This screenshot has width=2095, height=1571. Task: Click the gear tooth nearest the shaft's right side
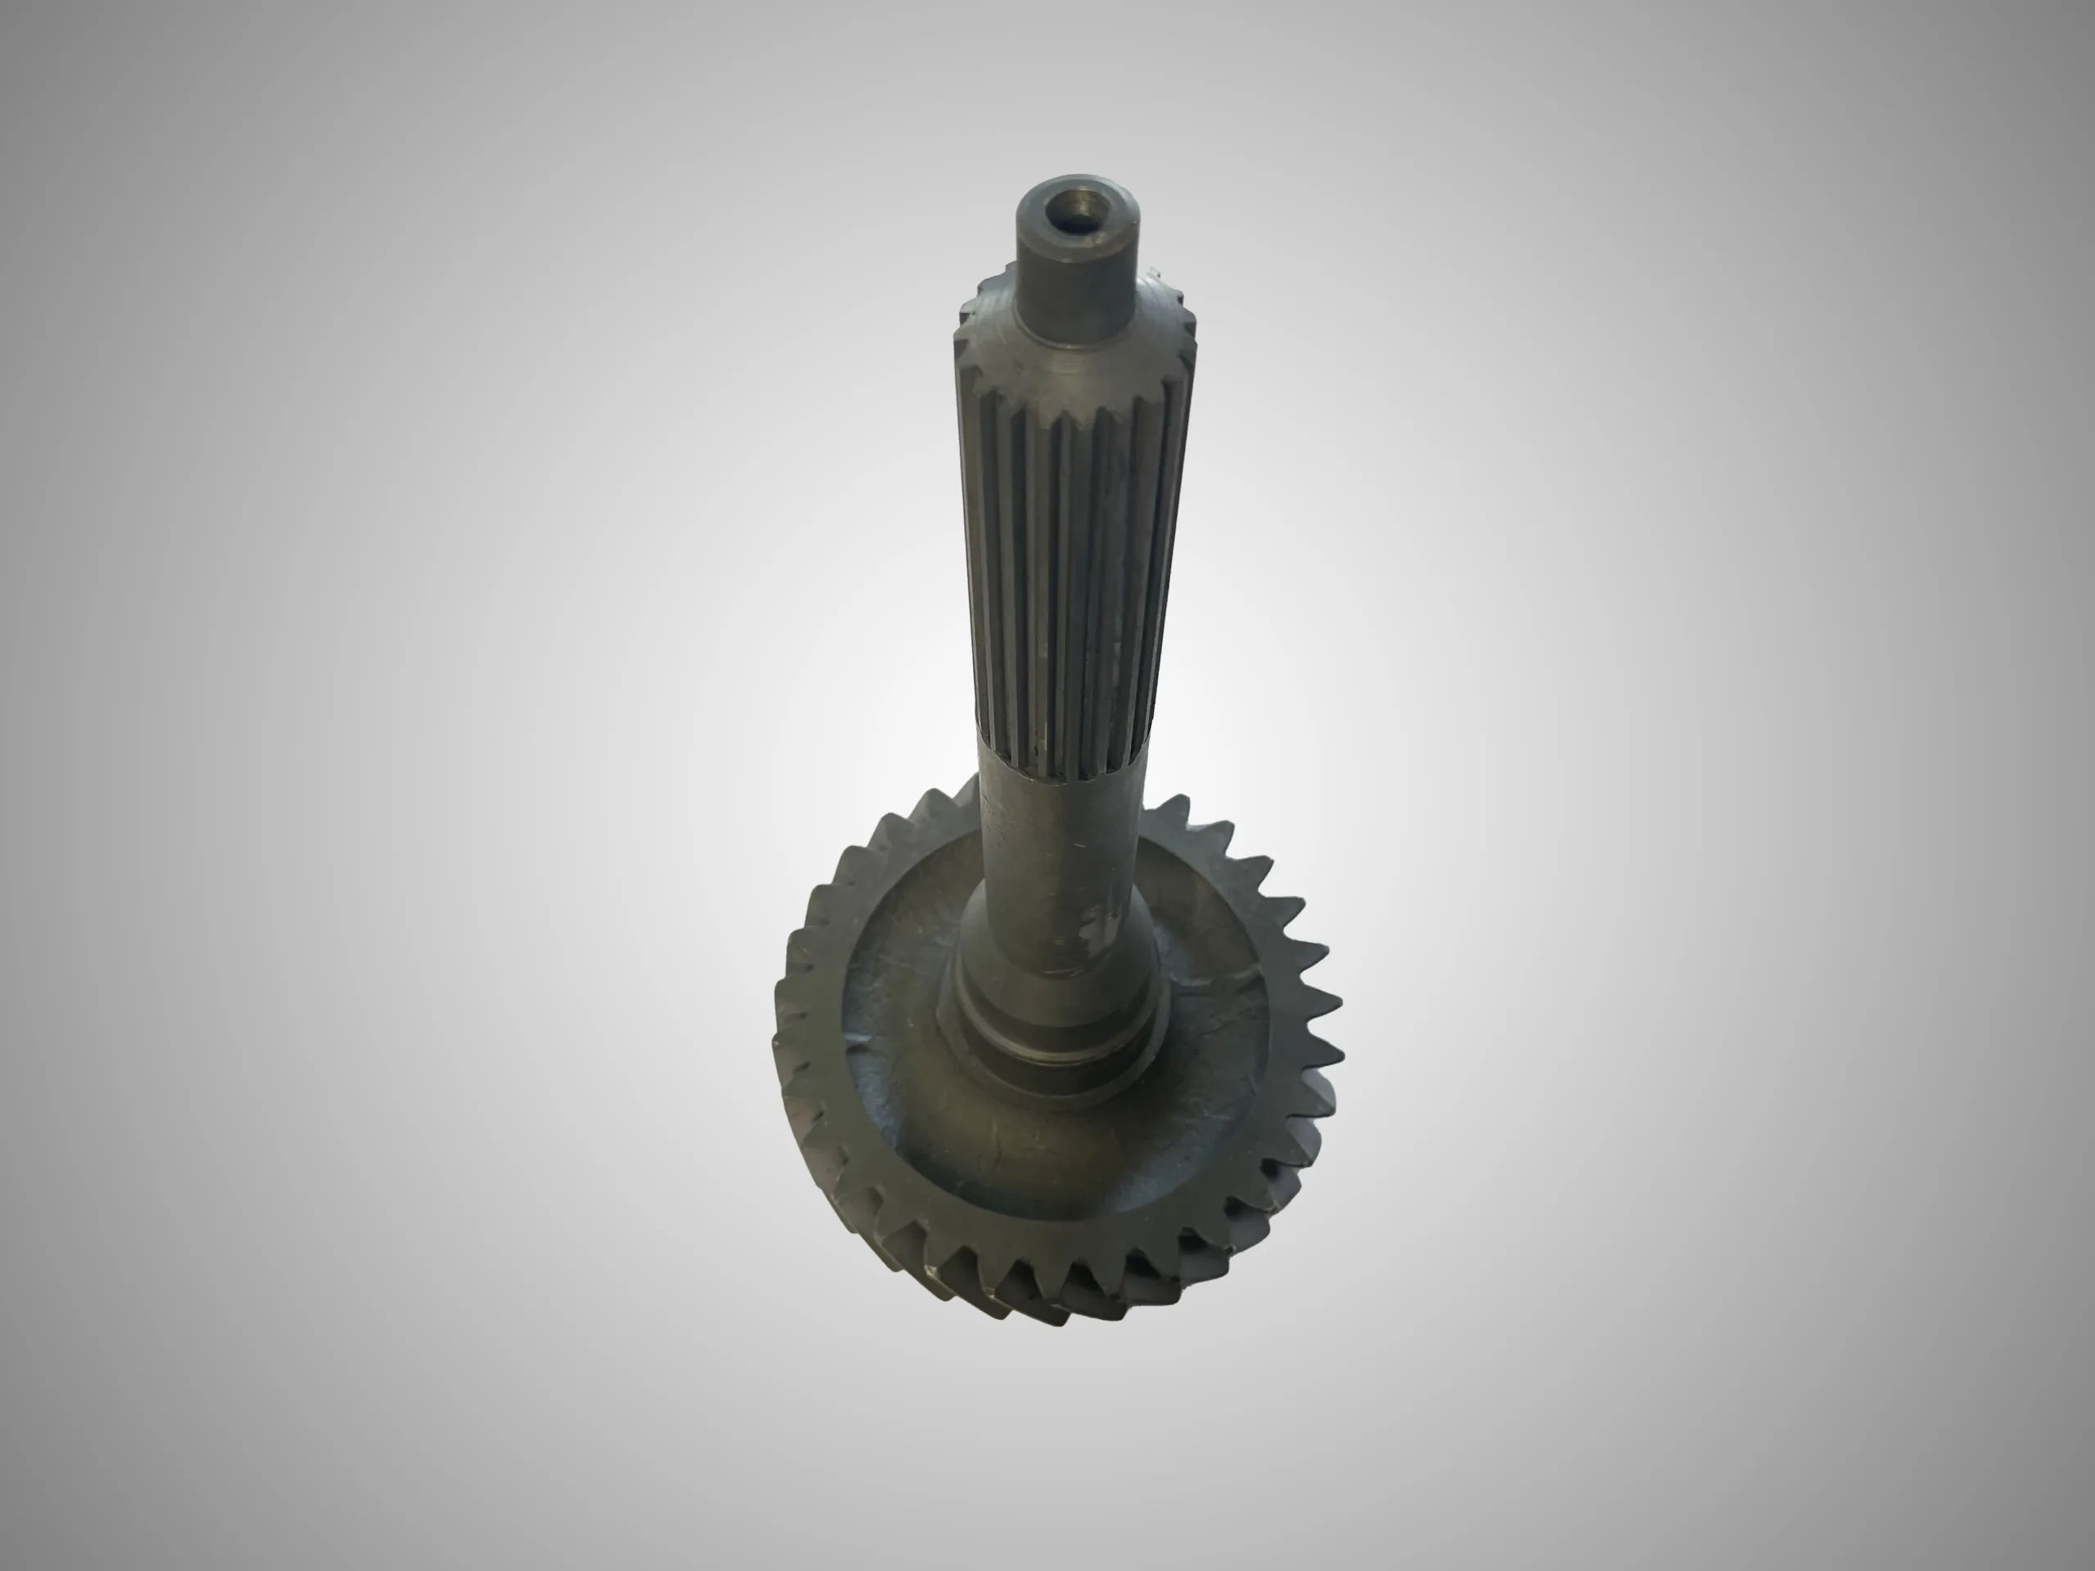click(x=1174, y=814)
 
